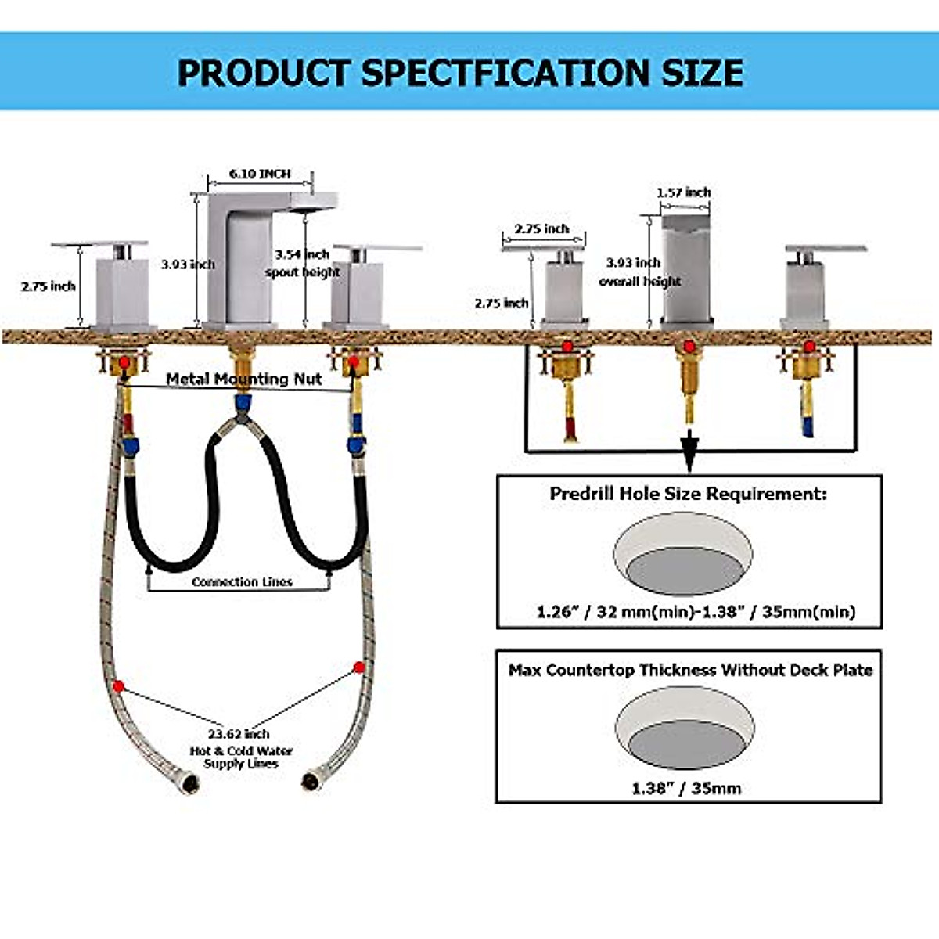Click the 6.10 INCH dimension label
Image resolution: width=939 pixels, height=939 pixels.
click(259, 174)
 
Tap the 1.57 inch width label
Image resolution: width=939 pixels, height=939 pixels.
click(683, 192)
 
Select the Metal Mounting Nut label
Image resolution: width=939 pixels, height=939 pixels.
click(244, 379)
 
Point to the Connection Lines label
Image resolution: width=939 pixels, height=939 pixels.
click(242, 582)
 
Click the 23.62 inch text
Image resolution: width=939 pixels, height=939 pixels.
click(239, 734)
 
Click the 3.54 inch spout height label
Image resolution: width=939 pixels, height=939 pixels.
click(302, 263)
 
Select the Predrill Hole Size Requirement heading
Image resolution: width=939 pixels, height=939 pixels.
click(688, 494)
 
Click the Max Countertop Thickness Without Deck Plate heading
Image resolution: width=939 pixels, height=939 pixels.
click(690, 670)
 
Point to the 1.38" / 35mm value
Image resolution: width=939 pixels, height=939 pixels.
click(686, 788)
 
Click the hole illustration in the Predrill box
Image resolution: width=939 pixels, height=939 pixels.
click(683, 554)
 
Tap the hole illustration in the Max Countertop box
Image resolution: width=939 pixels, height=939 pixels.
click(685, 729)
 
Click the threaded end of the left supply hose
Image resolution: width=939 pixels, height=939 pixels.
click(190, 782)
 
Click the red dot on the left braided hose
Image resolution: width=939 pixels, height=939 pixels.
click(118, 686)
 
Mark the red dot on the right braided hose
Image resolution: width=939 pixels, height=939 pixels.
click(359, 667)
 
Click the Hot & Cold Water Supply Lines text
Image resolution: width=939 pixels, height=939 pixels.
click(241, 757)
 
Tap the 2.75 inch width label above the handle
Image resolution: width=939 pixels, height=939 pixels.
click(541, 229)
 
